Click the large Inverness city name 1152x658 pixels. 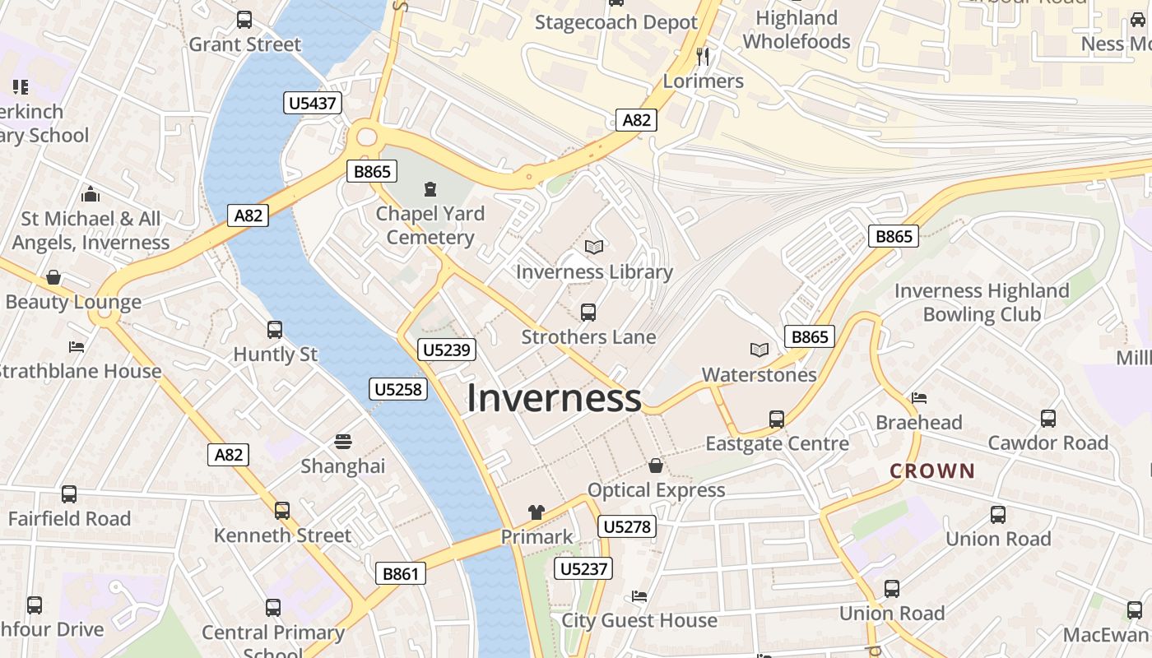point(554,398)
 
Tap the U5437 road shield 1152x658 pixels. point(313,103)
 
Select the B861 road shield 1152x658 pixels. point(401,574)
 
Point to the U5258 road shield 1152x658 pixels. point(399,389)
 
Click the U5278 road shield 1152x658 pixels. point(628,526)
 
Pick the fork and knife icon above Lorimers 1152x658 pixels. point(702,56)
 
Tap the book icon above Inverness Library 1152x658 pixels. point(594,247)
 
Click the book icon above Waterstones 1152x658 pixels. point(759,350)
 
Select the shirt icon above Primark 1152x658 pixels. point(537,512)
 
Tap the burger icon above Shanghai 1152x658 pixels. point(343,442)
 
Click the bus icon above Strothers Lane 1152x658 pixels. point(588,312)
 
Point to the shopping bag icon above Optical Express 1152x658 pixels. point(656,466)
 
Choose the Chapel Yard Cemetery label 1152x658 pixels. point(430,225)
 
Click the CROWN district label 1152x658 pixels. point(932,471)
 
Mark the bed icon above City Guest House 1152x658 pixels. point(639,595)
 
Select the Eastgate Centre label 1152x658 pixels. point(777,443)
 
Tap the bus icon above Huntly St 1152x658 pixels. point(275,330)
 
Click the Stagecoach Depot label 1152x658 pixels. point(616,22)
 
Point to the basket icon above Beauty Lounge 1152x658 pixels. point(53,277)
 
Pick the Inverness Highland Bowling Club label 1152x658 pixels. point(982,302)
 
